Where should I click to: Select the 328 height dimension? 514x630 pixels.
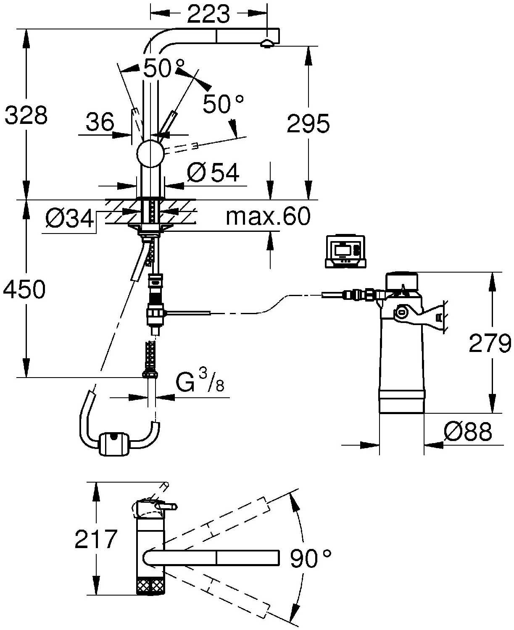(x=26, y=115)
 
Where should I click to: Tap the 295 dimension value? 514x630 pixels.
(x=308, y=123)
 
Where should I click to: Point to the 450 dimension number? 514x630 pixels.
(x=24, y=289)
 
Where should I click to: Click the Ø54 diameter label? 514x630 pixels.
(x=213, y=172)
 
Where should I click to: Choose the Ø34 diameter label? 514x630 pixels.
(x=70, y=218)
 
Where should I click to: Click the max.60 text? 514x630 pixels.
(x=268, y=216)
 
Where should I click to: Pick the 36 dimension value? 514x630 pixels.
(x=100, y=122)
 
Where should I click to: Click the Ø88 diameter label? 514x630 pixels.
(x=467, y=431)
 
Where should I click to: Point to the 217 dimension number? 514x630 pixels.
(x=96, y=539)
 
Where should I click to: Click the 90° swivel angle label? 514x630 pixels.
(x=311, y=558)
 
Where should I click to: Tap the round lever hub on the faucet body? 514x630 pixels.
(x=150, y=153)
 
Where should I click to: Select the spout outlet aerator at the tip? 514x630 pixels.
(x=267, y=43)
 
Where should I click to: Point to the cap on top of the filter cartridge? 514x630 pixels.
(x=402, y=281)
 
